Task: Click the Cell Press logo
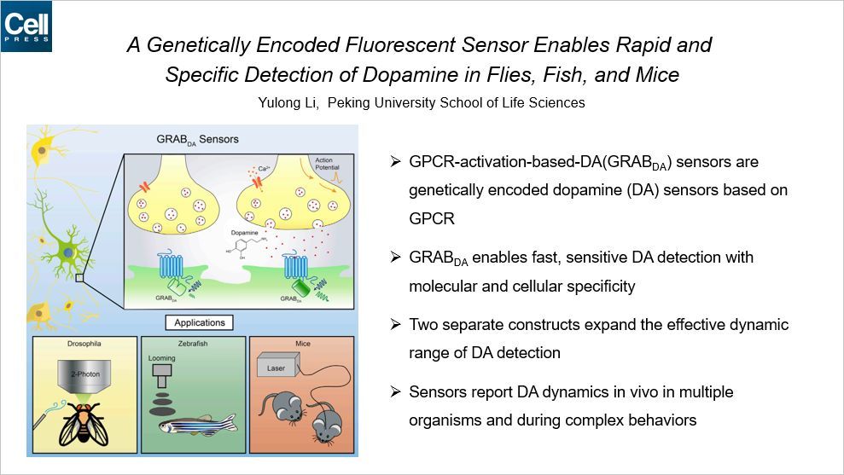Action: pos(26,26)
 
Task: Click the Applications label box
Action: pos(199,323)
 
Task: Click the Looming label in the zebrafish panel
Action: pos(164,360)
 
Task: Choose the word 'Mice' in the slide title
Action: pos(656,74)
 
